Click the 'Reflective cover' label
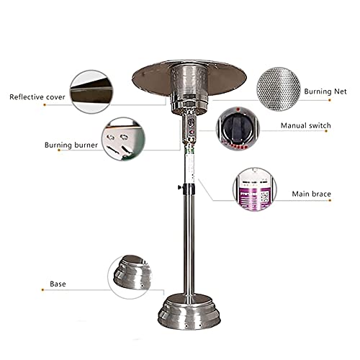tap(37, 97)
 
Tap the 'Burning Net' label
tap(325, 91)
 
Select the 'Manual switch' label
tap(306, 125)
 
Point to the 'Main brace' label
tap(311, 194)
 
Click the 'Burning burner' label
tap(71, 145)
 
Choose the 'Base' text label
tap(58, 284)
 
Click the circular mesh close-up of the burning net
tap(279, 89)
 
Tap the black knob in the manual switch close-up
tap(236, 127)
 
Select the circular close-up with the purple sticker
tap(255, 189)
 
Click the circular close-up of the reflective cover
tap(91, 91)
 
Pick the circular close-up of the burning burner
tap(123, 139)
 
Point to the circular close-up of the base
tap(130, 276)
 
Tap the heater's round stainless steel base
tap(189, 312)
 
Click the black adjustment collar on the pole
tap(189, 189)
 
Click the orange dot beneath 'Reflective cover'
tap(45, 105)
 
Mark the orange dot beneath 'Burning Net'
tap(330, 100)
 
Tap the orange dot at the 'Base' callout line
tap(42, 290)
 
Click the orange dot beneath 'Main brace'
tap(330, 200)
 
